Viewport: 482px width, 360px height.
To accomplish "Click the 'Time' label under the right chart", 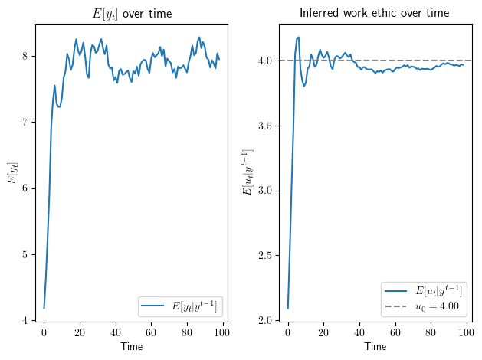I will tap(375, 347).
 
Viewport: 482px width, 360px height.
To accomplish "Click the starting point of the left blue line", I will tap(44, 308).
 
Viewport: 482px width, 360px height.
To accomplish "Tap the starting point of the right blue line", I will tap(287, 308).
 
